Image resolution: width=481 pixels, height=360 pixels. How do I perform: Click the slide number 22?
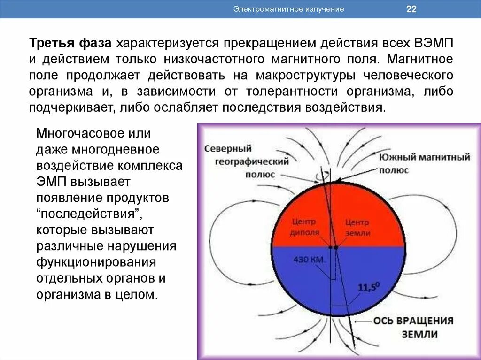411,9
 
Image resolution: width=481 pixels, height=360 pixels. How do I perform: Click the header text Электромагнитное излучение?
289,9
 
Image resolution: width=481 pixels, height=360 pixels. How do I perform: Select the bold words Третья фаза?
71,44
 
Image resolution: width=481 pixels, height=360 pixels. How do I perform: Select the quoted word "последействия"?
90,214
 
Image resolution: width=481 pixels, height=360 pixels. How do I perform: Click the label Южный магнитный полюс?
424,163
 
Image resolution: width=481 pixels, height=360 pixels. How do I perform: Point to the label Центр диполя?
305,227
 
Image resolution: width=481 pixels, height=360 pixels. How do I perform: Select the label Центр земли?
357,228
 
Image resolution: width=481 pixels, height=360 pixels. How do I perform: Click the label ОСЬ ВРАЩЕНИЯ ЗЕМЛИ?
413,328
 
